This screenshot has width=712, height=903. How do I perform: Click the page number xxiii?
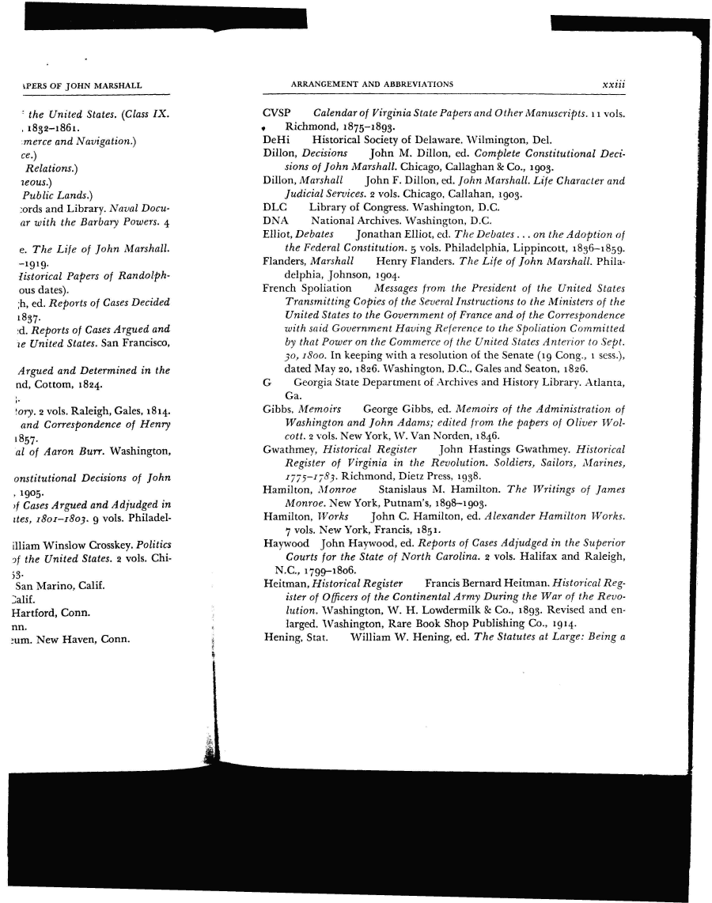pyautogui.click(x=614, y=85)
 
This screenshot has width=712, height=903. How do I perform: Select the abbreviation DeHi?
pyautogui.click(x=275, y=139)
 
